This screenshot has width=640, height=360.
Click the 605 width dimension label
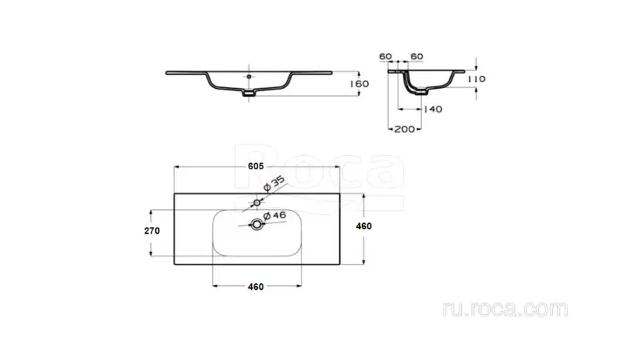point(256,166)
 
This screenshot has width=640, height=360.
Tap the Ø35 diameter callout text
point(274,183)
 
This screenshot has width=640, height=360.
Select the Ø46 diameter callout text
point(274,216)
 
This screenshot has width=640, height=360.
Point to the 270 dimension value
point(152,231)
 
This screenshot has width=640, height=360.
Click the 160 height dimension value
point(359,84)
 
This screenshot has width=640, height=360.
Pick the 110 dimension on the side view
point(477,79)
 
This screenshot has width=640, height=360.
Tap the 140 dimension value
point(433,109)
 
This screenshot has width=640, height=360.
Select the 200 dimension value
point(404,129)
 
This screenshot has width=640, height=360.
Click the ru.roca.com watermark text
point(505,309)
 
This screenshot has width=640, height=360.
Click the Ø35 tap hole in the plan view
point(257,203)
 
